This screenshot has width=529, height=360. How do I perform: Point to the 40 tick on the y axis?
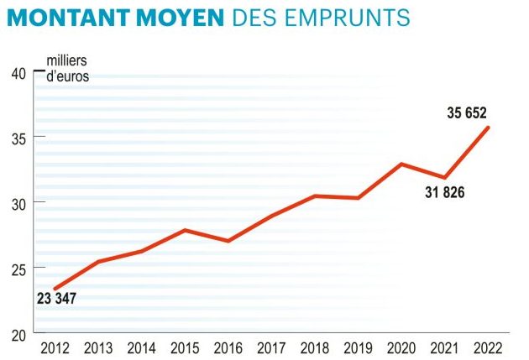pyautogui.click(x=18, y=72)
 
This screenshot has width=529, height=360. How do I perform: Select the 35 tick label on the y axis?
pyautogui.click(x=18, y=138)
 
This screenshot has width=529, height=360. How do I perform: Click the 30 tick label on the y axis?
pyautogui.click(x=18, y=203)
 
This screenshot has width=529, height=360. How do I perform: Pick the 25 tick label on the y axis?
pyautogui.click(x=18, y=269)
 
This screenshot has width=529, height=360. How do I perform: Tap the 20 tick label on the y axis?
pyautogui.click(x=18, y=334)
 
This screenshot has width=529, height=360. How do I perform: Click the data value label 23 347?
pyautogui.click(x=57, y=298)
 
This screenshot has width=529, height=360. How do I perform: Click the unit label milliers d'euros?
pyautogui.click(x=67, y=69)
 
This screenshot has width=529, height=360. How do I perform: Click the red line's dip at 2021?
pyautogui.click(x=445, y=177)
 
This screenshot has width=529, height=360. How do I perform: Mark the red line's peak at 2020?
pyautogui.click(x=401, y=164)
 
